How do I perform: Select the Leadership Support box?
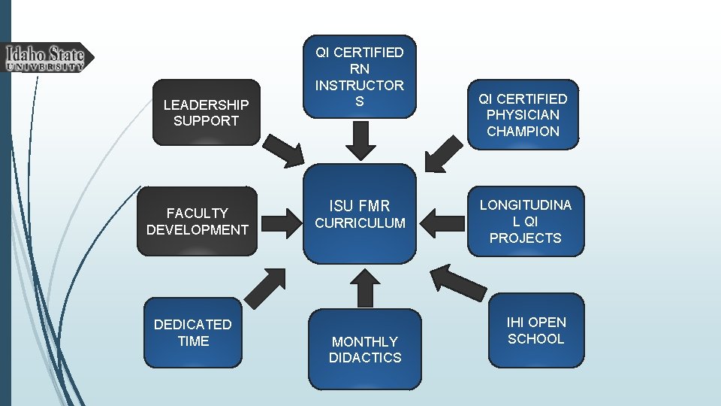206,112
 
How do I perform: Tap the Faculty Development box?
197,221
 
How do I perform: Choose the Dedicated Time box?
192,332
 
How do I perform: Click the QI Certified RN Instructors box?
360,77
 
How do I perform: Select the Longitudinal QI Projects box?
525,221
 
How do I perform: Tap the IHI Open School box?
535,331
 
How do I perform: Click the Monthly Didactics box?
365,350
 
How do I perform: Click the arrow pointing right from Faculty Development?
282,222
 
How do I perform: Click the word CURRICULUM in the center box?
360,223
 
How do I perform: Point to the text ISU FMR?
360,204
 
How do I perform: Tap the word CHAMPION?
523,132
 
